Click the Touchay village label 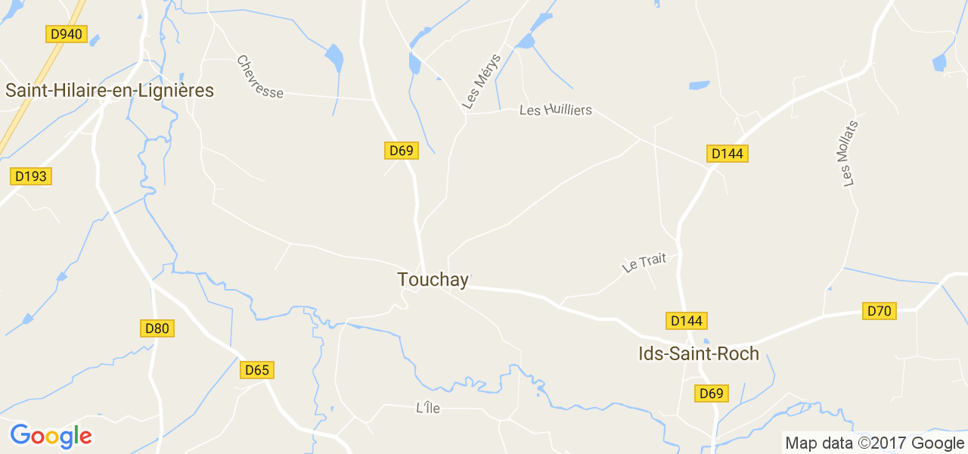tap(433, 280)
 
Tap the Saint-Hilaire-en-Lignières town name tap(110, 91)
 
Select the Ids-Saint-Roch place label tap(699, 353)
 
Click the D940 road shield tap(66, 34)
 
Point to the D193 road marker tap(31, 176)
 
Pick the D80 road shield tap(157, 328)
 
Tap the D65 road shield tap(257, 370)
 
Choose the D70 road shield tap(880, 311)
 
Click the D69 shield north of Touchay tap(401, 151)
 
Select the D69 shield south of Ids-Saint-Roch tap(712, 393)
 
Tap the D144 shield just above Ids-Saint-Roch tap(687, 321)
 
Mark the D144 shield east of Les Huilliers tap(728, 154)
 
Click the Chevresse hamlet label tap(259, 77)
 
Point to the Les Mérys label tap(482, 82)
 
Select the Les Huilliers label tap(555, 110)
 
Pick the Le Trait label tap(644, 263)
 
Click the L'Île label tap(428, 409)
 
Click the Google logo tap(51, 436)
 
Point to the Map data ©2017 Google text tap(874, 443)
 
